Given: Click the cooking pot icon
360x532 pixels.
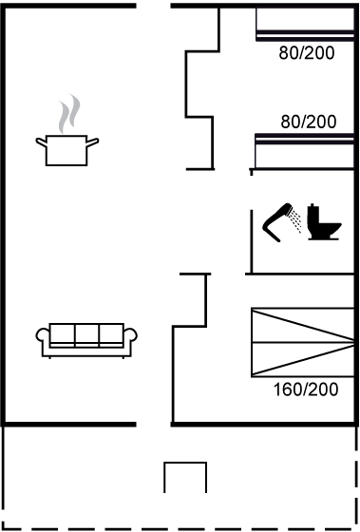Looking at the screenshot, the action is [66, 150].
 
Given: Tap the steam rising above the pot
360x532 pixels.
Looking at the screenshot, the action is [69, 114].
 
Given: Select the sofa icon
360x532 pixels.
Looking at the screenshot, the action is [86, 340].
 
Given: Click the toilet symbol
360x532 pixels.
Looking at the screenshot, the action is [323, 222].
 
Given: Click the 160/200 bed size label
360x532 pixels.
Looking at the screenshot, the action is [306, 389].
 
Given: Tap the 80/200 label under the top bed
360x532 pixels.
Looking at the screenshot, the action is [307, 53].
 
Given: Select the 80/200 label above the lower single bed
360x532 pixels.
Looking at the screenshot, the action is [309, 122].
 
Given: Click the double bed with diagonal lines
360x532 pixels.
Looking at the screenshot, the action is [303, 342].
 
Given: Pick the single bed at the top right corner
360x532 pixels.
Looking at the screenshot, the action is [305, 24].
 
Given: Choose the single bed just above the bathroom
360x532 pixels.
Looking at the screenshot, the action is [304, 151].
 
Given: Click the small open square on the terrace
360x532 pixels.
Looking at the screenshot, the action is [185, 462].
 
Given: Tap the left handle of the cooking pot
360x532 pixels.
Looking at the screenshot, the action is [41, 142].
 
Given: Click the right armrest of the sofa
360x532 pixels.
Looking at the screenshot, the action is [131, 334].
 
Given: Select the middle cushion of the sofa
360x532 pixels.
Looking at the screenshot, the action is [86, 333].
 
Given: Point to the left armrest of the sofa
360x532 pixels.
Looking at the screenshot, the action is [43, 334].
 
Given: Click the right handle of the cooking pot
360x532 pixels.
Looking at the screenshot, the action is [93, 142].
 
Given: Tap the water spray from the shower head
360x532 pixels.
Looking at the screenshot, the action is [295, 221].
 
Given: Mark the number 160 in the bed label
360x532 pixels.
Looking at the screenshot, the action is [286, 389].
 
